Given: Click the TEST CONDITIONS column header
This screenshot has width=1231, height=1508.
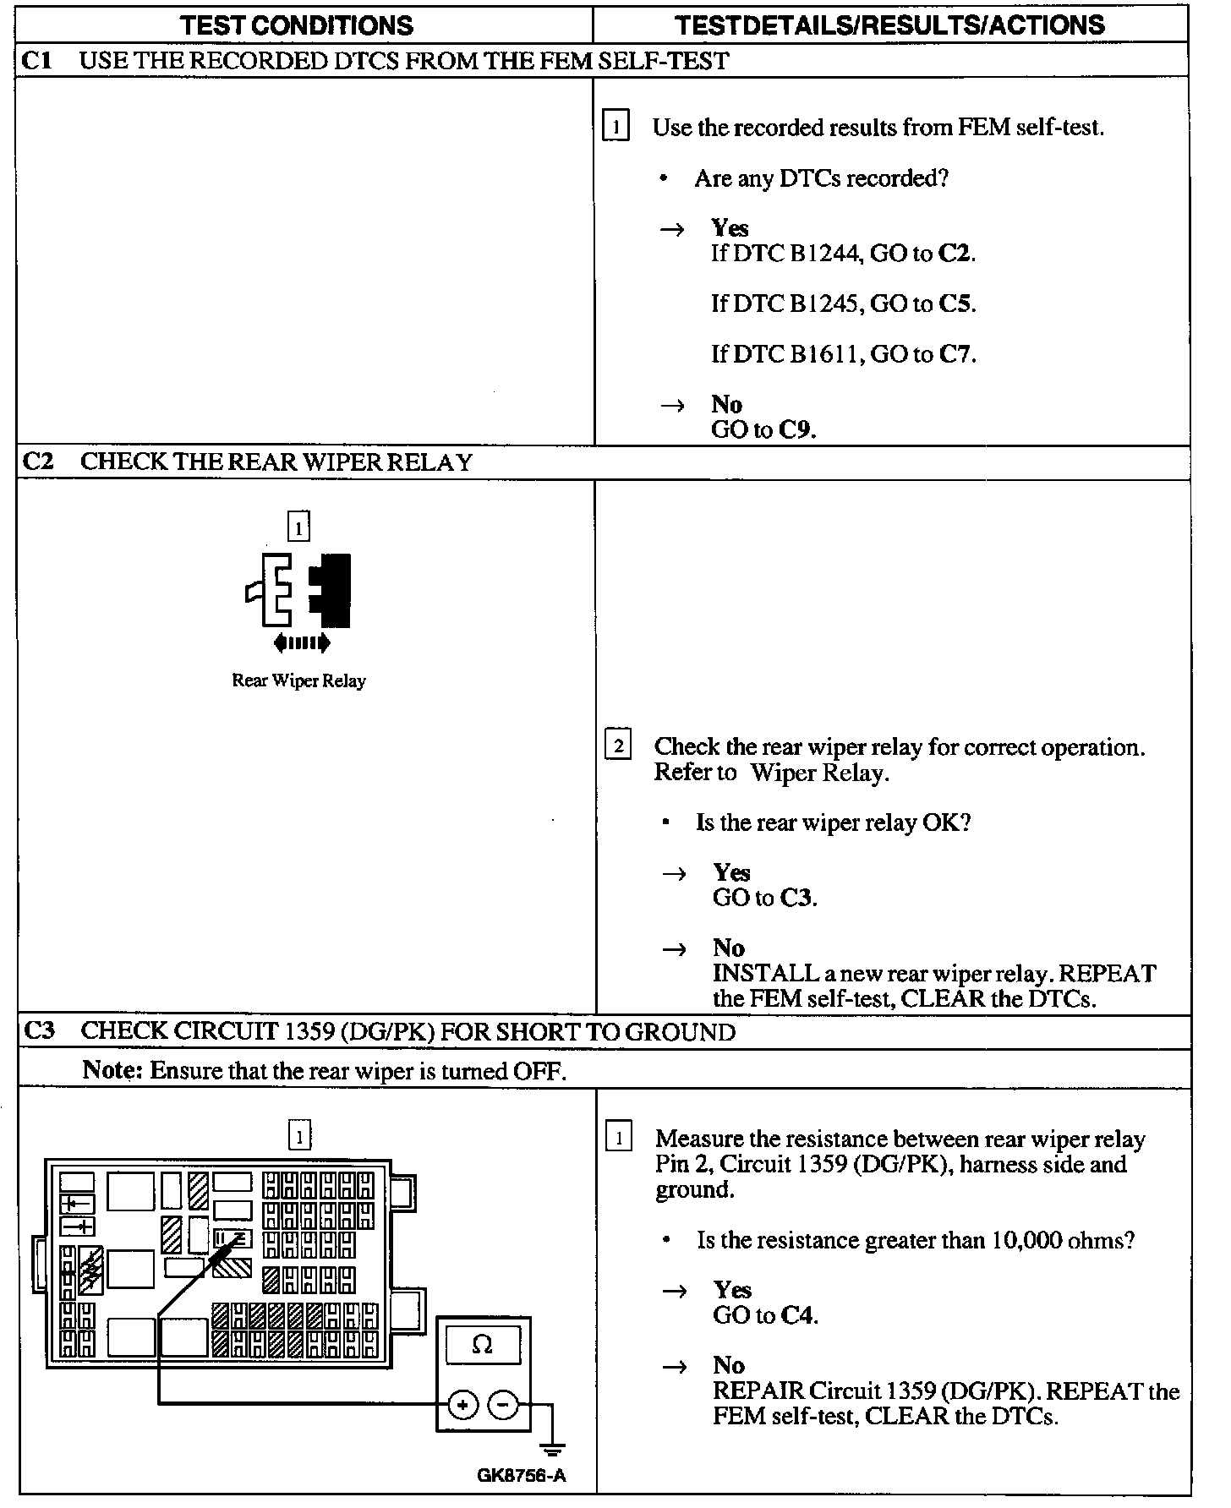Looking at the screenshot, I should coord(298,25).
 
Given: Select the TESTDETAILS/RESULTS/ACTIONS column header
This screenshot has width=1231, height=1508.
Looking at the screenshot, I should coord(890,25).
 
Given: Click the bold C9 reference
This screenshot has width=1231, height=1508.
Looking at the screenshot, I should coord(796,430).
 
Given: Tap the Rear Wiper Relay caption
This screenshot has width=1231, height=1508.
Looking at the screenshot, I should coord(298,681).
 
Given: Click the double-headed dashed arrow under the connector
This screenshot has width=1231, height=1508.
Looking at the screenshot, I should coord(302,644).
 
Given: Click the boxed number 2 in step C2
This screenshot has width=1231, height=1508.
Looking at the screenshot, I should coord(618,746).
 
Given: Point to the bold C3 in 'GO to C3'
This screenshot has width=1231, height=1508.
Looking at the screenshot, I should coord(797,898).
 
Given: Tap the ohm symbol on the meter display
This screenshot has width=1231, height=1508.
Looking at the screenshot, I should coord(482,1345).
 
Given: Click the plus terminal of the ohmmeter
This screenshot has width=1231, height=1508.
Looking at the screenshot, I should coord(462,1406).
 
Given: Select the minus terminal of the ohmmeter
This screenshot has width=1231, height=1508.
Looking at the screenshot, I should coord(503,1406).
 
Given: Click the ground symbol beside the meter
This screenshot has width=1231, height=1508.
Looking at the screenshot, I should coord(553,1451).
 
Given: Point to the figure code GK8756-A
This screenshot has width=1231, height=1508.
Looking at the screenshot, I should coord(521,1477).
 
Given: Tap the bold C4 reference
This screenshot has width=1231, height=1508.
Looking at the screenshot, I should coord(798,1316).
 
